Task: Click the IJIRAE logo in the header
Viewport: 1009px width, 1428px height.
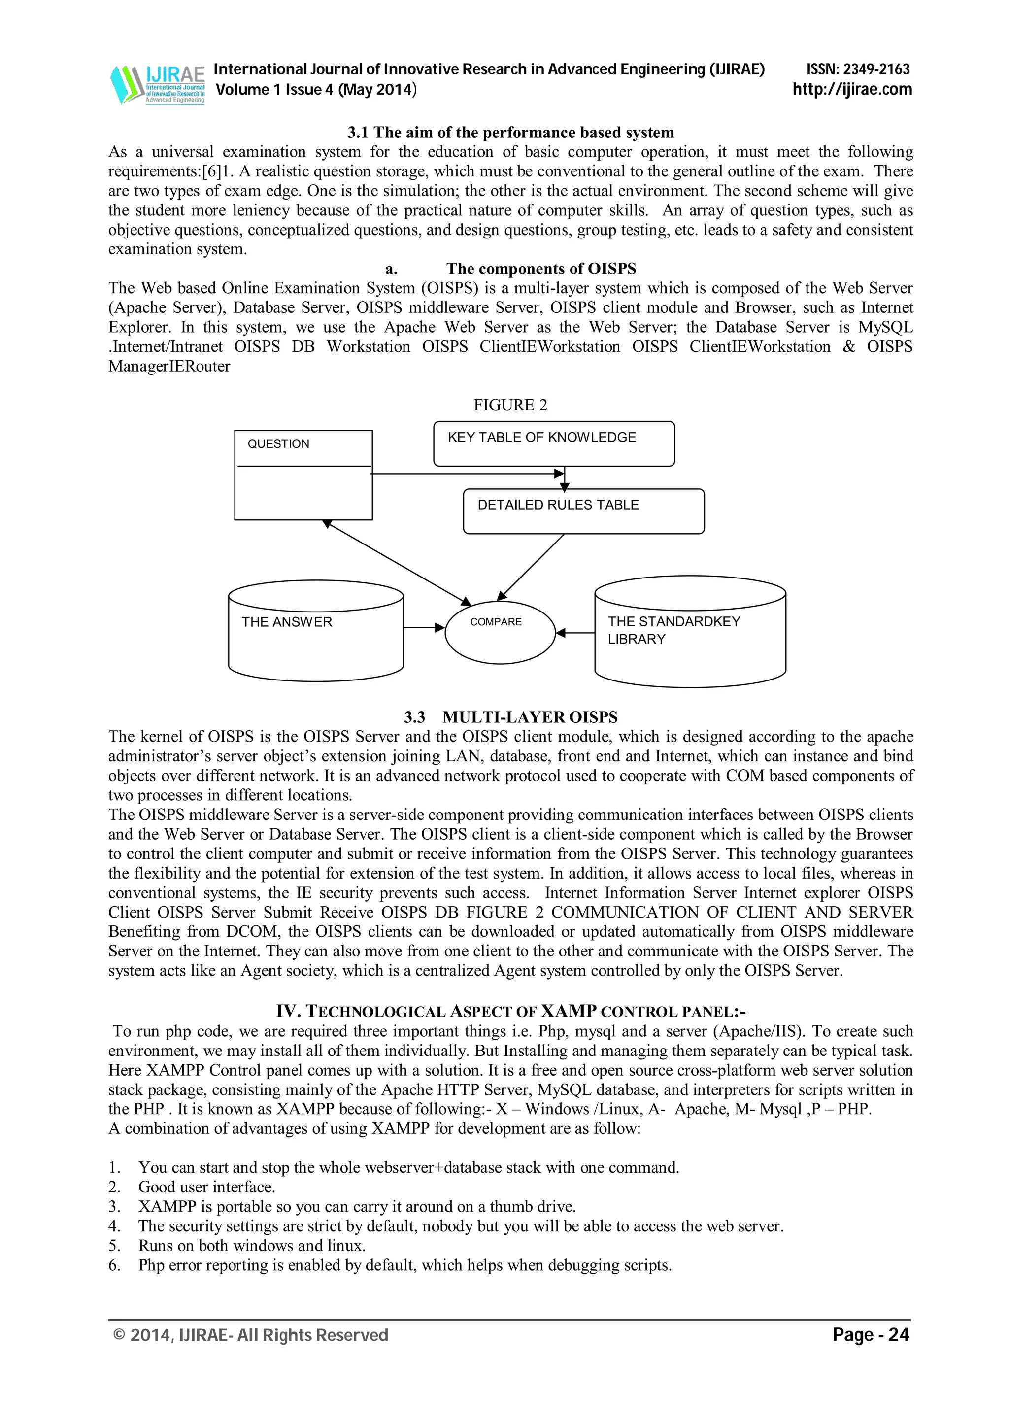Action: [x=157, y=85]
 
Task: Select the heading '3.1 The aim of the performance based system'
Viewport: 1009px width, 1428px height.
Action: [x=510, y=133]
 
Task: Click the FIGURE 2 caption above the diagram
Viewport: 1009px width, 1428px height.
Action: [x=510, y=405]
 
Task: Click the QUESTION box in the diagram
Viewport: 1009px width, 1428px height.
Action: [x=303, y=475]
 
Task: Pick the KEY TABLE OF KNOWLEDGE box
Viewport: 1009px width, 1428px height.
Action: [x=553, y=443]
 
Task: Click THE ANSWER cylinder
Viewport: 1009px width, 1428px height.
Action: [x=316, y=631]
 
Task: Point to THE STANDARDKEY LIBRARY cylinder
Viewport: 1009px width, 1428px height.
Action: [x=690, y=631]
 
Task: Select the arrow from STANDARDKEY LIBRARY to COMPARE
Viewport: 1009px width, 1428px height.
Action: [x=575, y=633]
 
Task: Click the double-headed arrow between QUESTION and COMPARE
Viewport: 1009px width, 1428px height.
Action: [x=396, y=562]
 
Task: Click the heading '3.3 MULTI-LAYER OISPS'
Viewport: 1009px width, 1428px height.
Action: [x=510, y=717]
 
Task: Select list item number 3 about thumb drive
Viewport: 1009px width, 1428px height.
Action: [x=357, y=1207]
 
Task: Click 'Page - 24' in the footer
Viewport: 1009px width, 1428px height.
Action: [x=871, y=1335]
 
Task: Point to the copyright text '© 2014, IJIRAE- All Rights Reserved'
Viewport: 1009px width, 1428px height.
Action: [x=251, y=1335]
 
